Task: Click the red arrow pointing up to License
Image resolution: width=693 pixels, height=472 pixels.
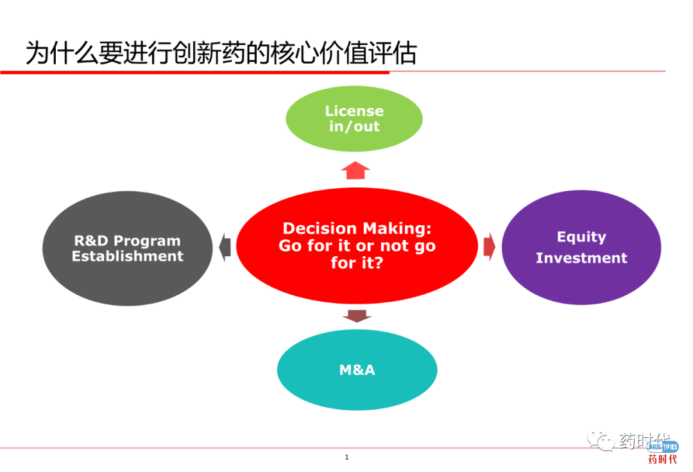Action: coord(355,170)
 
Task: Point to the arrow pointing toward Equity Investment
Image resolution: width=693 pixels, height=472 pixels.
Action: coord(489,247)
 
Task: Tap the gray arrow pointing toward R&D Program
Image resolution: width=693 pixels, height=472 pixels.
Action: coord(224,247)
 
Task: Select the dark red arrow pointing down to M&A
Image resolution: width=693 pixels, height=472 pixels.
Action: coord(357,315)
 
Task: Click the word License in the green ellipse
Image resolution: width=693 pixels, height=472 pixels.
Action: coord(354,111)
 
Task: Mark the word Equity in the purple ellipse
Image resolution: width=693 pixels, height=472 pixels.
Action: coord(581,237)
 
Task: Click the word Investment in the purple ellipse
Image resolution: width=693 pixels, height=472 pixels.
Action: coord(581,258)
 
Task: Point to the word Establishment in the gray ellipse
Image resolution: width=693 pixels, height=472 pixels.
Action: coord(127,256)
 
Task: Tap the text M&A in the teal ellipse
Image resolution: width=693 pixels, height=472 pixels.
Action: coord(357,370)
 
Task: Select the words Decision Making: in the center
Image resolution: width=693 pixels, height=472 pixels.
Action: coord(357,229)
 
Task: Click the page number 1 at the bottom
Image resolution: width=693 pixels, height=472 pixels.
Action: coord(346,457)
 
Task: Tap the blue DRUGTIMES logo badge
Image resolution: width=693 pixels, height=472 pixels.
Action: coord(662,446)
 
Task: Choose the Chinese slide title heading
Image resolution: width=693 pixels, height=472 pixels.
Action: coord(221,54)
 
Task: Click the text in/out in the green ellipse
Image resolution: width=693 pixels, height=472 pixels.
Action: coord(354,127)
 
